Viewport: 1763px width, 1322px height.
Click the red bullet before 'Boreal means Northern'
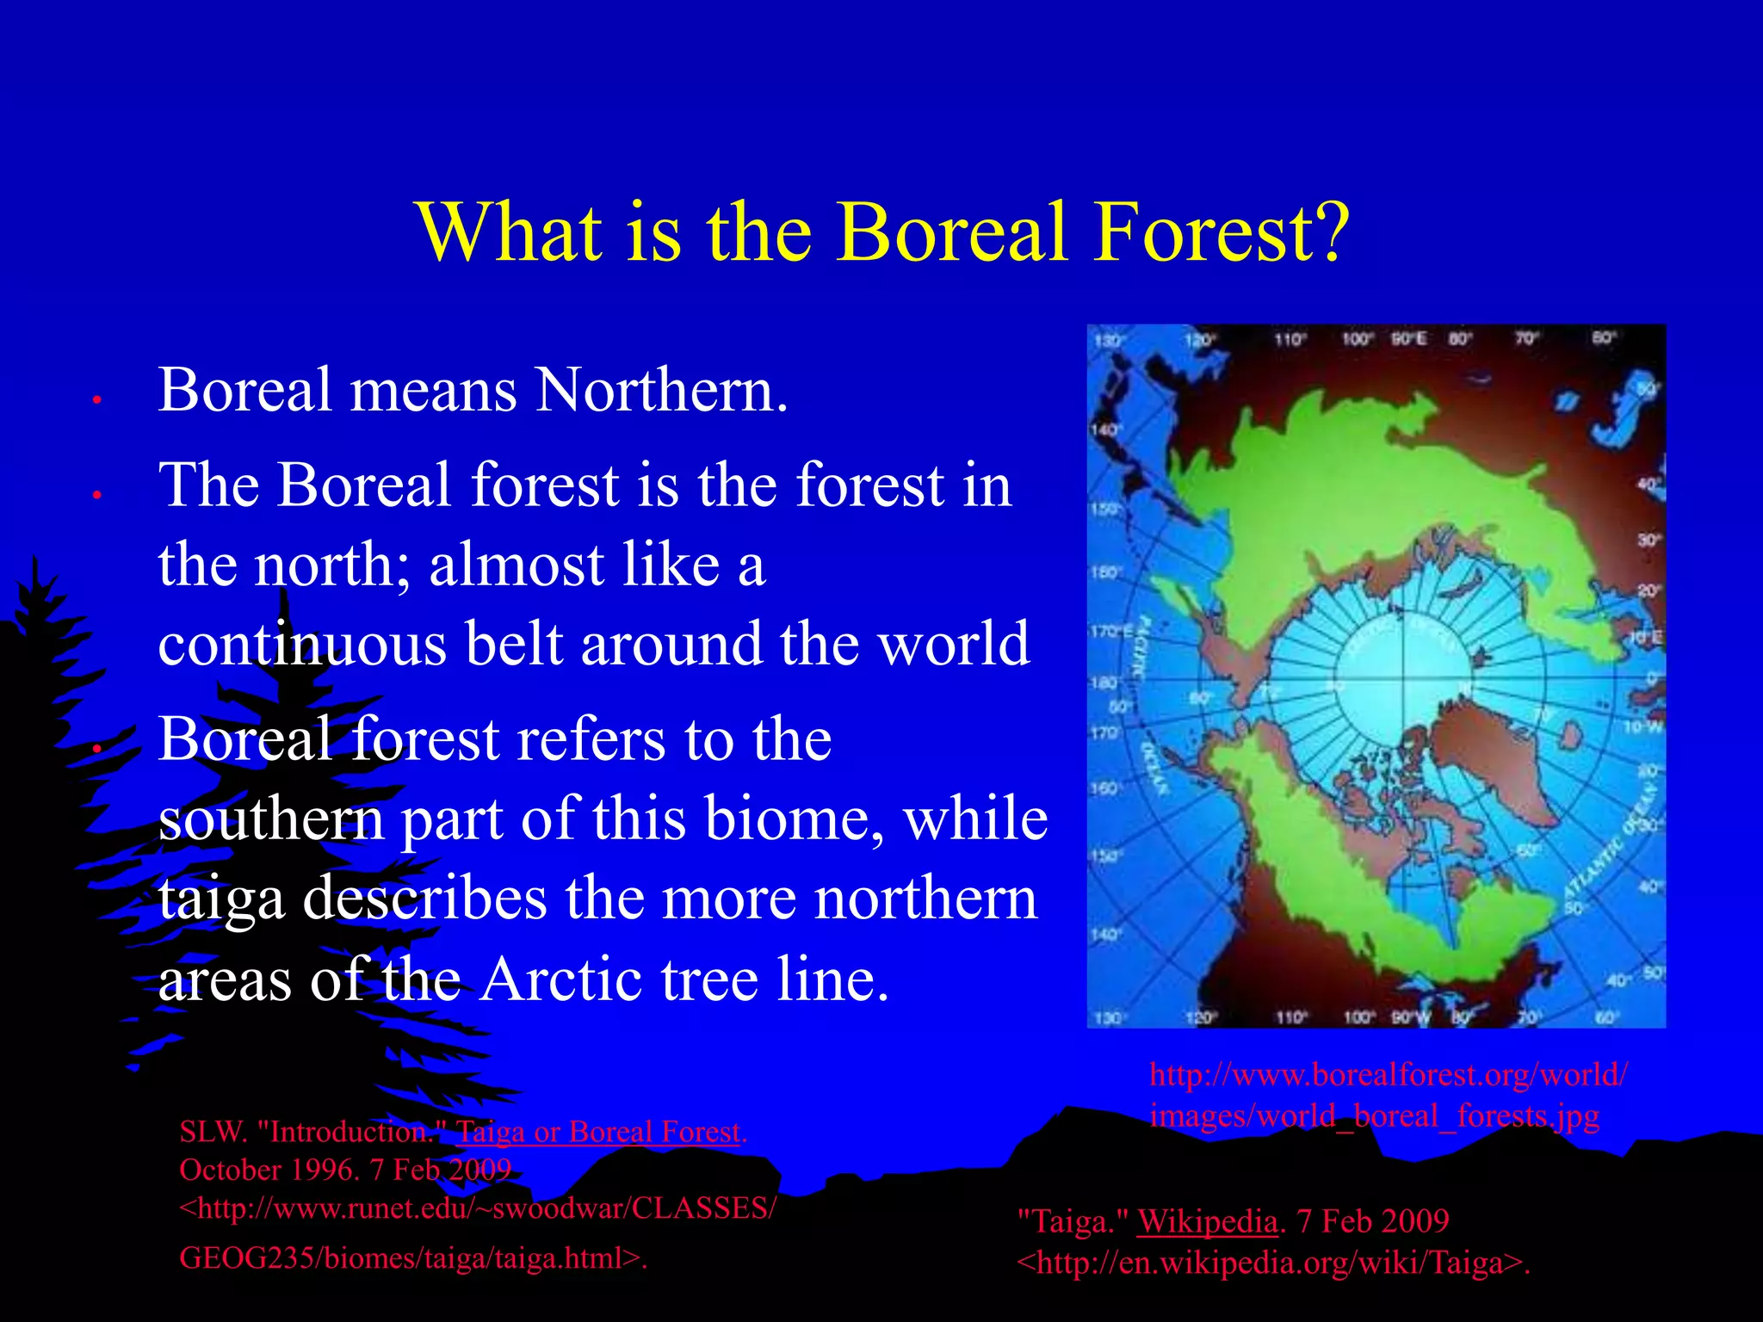pos(97,400)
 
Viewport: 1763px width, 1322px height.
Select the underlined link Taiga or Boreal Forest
pos(601,1132)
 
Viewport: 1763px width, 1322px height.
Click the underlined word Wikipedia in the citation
pos(1207,1221)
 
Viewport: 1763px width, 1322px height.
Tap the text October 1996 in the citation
pos(268,1171)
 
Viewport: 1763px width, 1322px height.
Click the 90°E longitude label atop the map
pos(1409,339)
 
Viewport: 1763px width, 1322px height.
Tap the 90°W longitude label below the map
pos(1409,1018)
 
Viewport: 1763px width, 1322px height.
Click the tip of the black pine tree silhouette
pos(35,559)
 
